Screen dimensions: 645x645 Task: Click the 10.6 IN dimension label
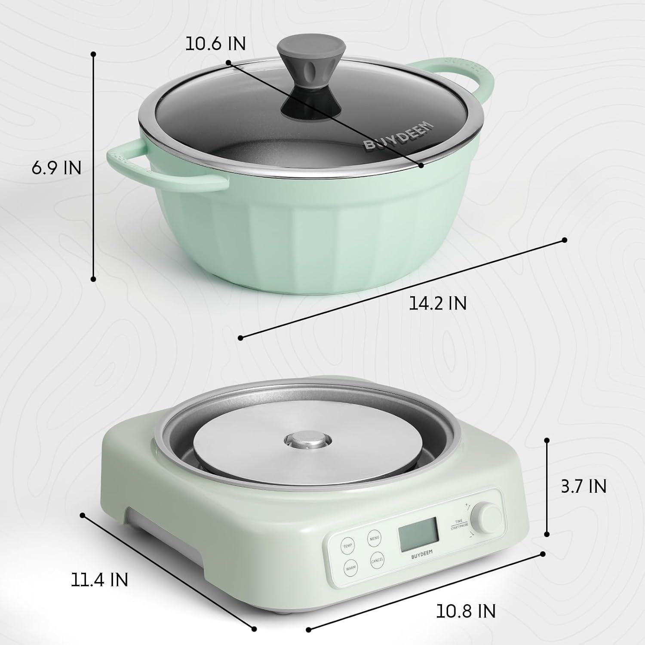(x=215, y=43)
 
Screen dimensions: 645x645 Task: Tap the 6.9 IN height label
(x=56, y=168)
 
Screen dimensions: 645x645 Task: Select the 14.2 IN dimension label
(x=437, y=303)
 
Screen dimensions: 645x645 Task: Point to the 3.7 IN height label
(x=584, y=486)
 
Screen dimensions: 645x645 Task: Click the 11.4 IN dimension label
(x=99, y=580)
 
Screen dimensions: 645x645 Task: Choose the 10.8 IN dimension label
(x=466, y=611)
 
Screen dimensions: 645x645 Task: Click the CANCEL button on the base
(x=377, y=560)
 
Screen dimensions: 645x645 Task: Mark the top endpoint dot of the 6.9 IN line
(x=93, y=54)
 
